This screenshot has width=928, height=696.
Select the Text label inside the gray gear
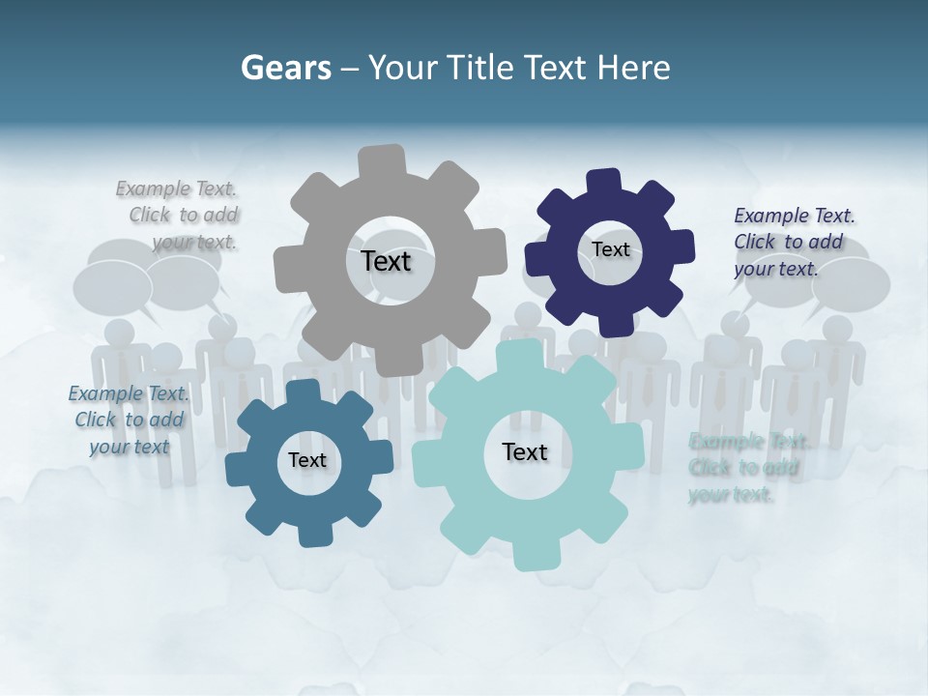click(386, 261)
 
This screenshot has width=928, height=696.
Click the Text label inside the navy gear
click(610, 249)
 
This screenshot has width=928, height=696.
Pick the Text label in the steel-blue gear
click(307, 460)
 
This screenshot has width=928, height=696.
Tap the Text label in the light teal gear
click(525, 451)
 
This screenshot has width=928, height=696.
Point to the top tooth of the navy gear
click(604, 181)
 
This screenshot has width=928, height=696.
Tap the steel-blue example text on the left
click(129, 420)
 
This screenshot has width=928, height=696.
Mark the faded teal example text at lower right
click(747, 468)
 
